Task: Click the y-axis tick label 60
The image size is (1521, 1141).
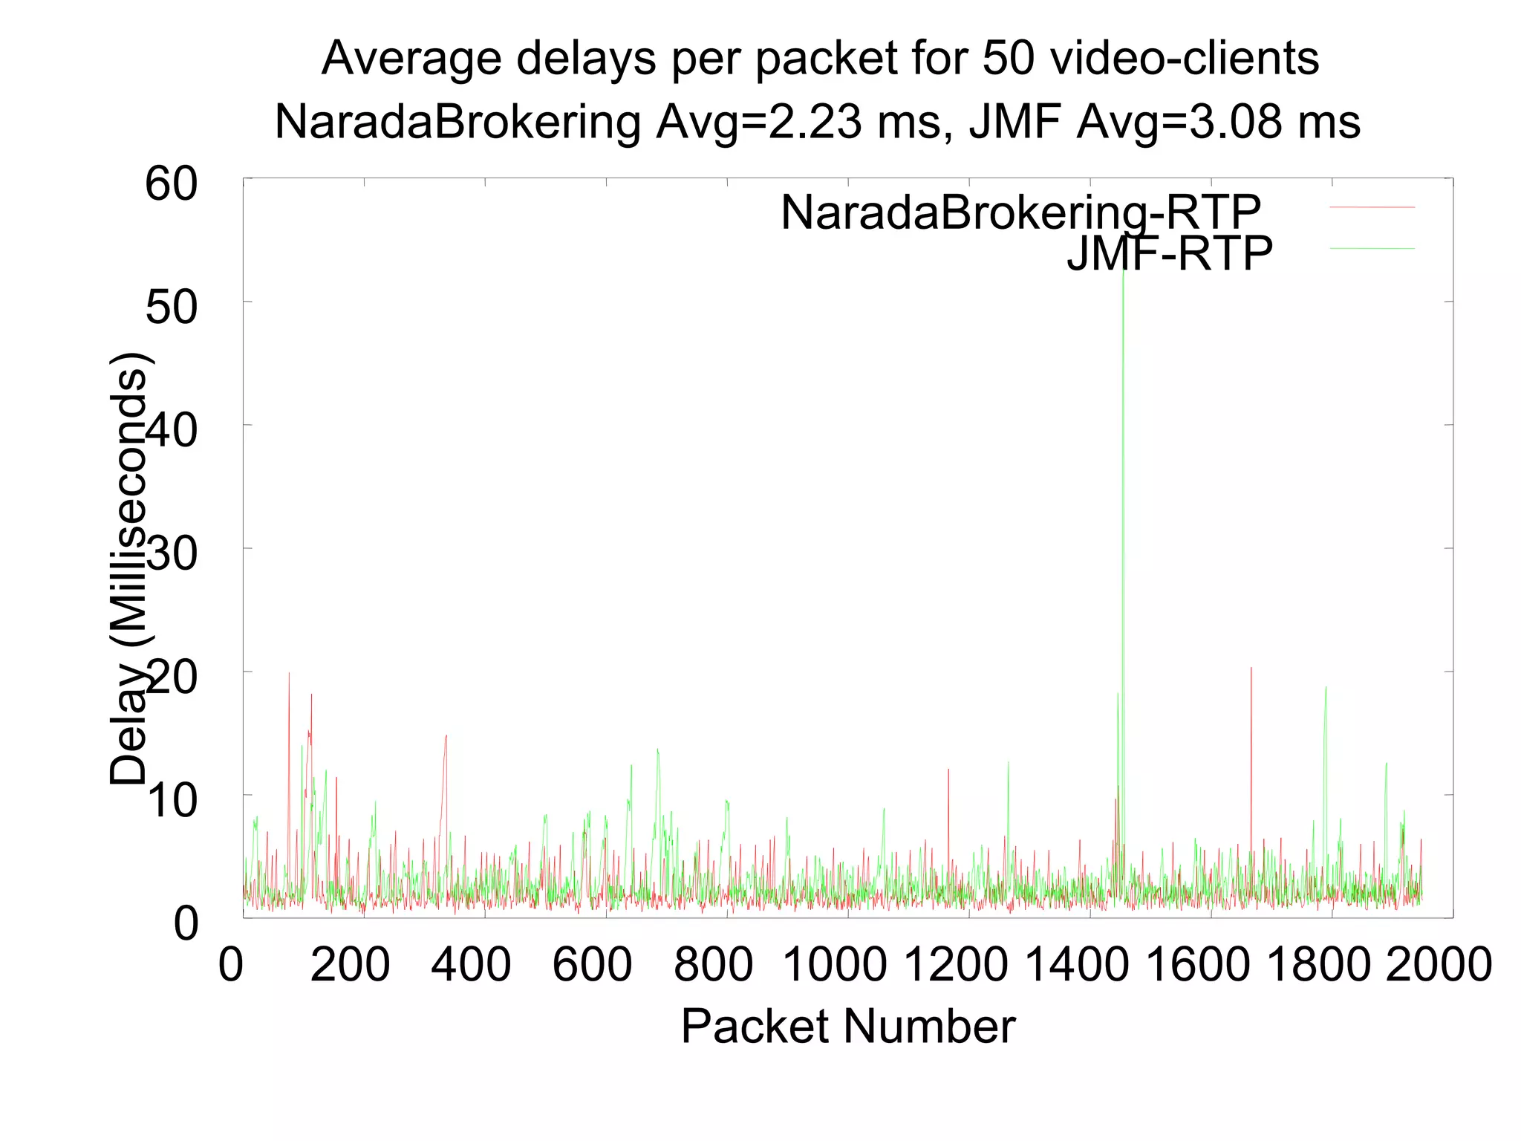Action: (x=172, y=183)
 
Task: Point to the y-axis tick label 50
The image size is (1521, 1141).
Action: (x=172, y=307)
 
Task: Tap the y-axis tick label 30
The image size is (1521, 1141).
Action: (x=172, y=553)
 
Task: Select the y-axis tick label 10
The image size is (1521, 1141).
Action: (x=172, y=801)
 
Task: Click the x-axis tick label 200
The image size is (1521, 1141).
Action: (x=350, y=964)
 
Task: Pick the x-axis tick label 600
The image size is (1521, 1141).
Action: (x=592, y=964)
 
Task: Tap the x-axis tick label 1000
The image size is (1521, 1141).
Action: (x=835, y=964)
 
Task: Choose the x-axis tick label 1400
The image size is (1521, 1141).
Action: (x=1077, y=964)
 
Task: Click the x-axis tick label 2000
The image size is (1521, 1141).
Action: (x=1439, y=964)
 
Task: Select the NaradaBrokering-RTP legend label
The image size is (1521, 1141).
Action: (x=1020, y=212)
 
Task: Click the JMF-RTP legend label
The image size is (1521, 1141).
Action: (x=1169, y=253)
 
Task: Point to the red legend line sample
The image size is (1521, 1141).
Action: (x=1372, y=207)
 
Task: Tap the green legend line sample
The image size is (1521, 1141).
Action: (x=1372, y=248)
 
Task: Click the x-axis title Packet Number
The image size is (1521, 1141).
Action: (x=847, y=1027)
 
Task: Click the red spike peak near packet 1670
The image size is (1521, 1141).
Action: (x=1251, y=669)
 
